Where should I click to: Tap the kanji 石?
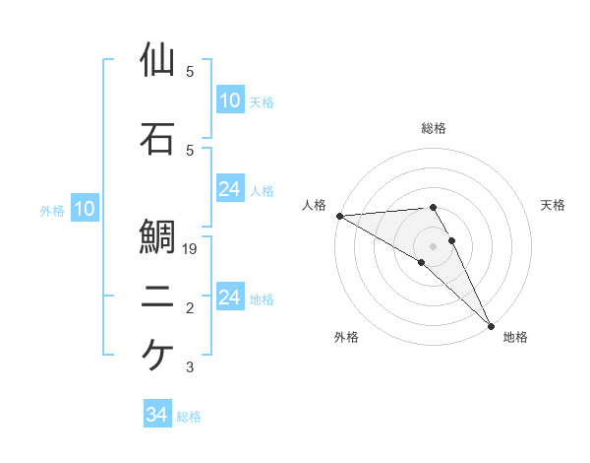[x=157, y=139]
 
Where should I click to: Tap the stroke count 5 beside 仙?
[x=190, y=72]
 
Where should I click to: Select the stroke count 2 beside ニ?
[x=190, y=309]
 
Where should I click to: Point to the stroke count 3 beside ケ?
[x=190, y=367]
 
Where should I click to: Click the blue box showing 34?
[x=157, y=416]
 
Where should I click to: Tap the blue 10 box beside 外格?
[x=85, y=209]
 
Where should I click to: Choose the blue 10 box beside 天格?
[x=230, y=100]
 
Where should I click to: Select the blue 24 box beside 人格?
[x=230, y=189]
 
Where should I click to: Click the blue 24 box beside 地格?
[x=230, y=298]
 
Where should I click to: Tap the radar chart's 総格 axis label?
[x=434, y=128]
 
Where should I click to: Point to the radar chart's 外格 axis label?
[x=346, y=338]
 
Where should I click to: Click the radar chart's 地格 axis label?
[x=515, y=338]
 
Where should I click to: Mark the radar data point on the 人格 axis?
[x=338, y=216]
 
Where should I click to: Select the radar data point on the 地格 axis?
[x=491, y=325]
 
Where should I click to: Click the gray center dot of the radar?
[x=434, y=245]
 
